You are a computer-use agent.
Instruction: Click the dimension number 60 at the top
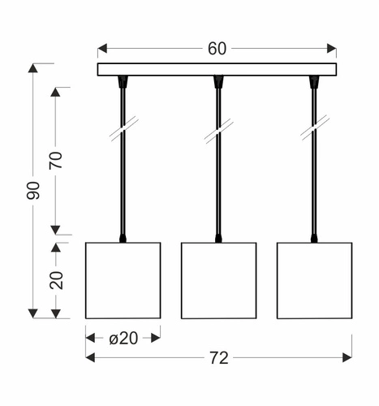click(x=217, y=48)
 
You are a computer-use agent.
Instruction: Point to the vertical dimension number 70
click(x=56, y=160)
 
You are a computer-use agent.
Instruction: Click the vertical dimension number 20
click(x=56, y=279)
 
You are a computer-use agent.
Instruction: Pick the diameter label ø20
click(x=123, y=338)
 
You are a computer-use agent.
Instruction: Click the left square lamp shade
click(x=123, y=279)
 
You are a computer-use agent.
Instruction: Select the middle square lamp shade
click(x=218, y=279)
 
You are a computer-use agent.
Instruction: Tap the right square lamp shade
click(x=314, y=279)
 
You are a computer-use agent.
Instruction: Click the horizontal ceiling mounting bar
click(x=217, y=69)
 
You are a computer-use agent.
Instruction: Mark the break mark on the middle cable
click(x=218, y=131)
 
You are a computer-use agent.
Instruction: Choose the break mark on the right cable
click(x=314, y=131)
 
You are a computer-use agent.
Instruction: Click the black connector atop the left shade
click(x=123, y=238)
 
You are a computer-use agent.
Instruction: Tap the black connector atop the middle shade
click(x=218, y=238)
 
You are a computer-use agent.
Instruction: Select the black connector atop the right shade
click(x=314, y=238)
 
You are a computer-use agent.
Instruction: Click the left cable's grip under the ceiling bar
click(x=123, y=81)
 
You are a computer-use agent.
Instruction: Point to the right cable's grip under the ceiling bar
click(x=314, y=81)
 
